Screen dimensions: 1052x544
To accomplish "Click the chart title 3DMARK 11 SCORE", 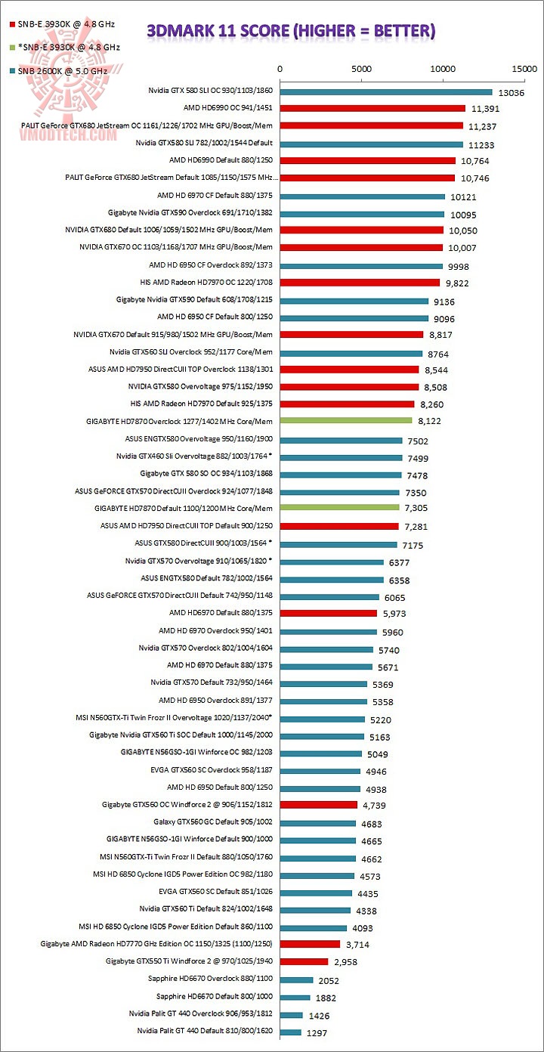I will [x=290, y=31].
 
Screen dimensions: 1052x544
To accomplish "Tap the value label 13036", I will [x=513, y=92].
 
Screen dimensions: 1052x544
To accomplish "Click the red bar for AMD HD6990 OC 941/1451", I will [x=372, y=109].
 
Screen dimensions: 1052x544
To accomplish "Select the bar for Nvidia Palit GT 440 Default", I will [x=291, y=1032].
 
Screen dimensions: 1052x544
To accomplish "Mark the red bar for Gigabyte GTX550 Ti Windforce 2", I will [x=304, y=962].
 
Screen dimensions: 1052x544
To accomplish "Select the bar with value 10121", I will [x=363, y=196].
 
